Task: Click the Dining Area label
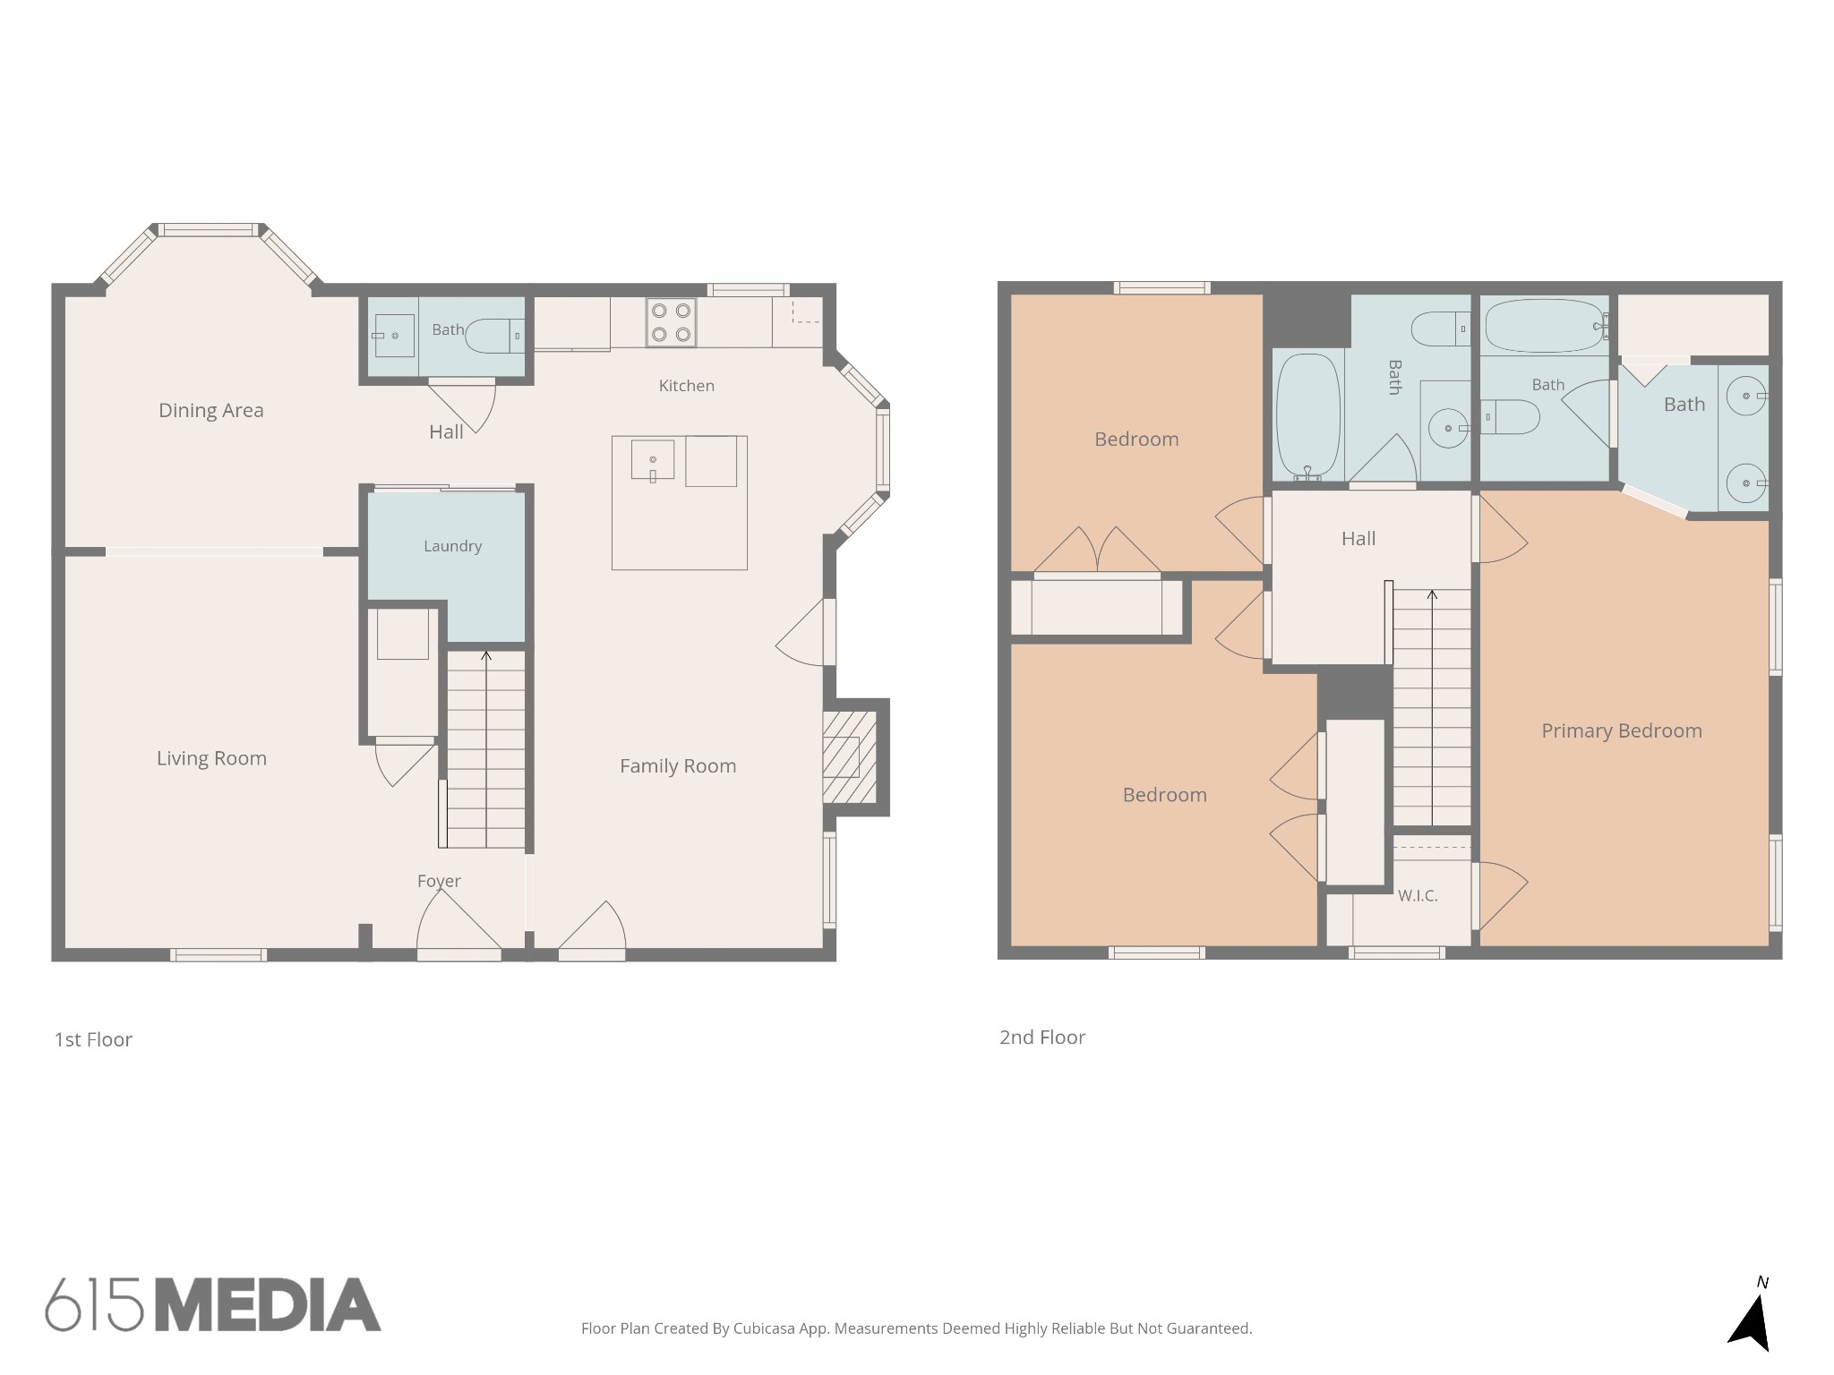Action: tap(211, 410)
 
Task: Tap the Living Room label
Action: tap(211, 758)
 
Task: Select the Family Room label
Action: tap(678, 766)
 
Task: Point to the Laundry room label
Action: tap(452, 546)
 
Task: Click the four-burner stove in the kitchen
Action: tap(671, 322)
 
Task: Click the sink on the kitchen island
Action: tap(653, 460)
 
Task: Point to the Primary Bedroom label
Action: tap(1622, 730)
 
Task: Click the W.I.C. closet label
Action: tap(1418, 895)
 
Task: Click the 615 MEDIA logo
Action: tap(213, 1304)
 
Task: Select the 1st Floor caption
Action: tap(93, 1039)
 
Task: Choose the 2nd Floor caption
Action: tap(1042, 1037)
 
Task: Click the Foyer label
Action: tap(439, 881)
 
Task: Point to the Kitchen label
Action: tap(687, 386)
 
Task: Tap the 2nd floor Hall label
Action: tap(1358, 538)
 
